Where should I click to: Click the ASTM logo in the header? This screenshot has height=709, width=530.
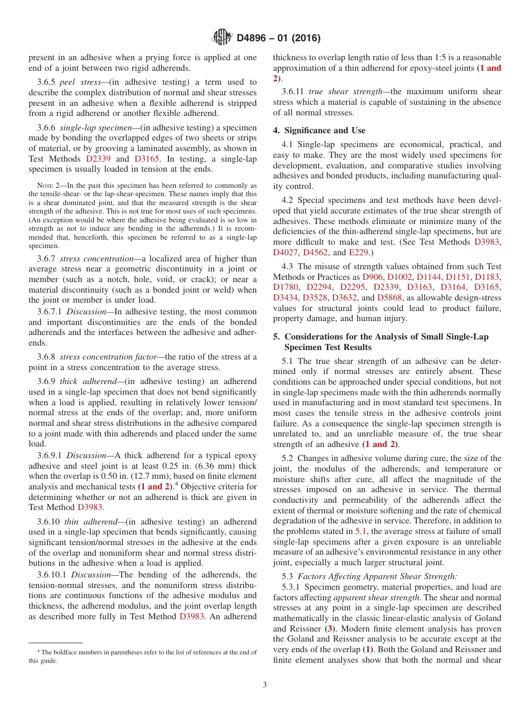click(x=222, y=38)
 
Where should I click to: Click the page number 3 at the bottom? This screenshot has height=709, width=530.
click(x=265, y=684)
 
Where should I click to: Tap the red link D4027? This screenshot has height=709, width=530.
click(x=286, y=252)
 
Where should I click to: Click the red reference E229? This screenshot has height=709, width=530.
click(x=359, y=252)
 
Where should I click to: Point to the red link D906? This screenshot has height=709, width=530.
click(x=373, y=276)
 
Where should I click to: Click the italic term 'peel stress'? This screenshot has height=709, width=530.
click(x=79, y=82)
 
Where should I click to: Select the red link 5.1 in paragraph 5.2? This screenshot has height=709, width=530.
click(x=362, y=531)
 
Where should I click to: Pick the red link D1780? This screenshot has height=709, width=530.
click(x=285, y=287)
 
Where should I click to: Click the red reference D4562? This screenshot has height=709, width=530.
click(x=316, y=252)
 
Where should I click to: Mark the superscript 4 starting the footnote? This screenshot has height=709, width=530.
click(x=38, y=651)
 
